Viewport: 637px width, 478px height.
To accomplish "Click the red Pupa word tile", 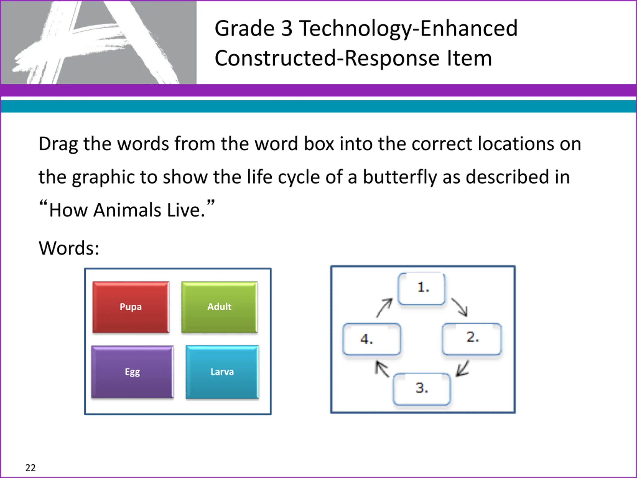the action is [131, 307].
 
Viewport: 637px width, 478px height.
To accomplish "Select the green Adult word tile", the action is [219, 307].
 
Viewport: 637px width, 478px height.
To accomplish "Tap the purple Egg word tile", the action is [132, 372].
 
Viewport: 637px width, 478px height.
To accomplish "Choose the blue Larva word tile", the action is [222, 372].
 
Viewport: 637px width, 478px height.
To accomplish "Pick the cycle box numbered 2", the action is [472, 339].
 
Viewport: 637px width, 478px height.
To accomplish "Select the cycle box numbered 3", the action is [422, 389].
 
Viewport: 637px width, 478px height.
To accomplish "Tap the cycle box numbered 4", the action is [372, 339].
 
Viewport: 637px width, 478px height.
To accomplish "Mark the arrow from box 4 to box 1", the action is [384, 308].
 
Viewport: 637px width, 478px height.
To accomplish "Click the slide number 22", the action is [31, 468].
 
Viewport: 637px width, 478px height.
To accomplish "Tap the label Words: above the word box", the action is [69, 248].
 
